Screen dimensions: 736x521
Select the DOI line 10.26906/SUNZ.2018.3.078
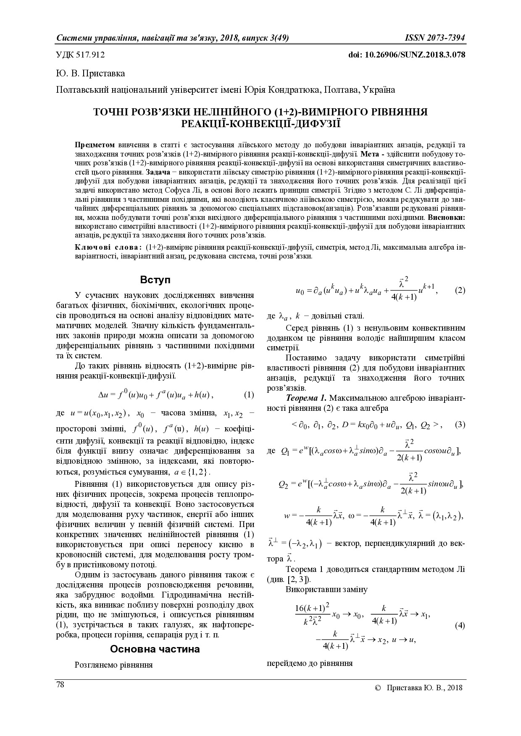pos(407,55)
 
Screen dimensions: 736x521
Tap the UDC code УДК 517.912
pos(80,55)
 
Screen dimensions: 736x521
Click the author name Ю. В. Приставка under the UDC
pos(90,73)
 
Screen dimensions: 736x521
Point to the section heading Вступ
pos(155,280)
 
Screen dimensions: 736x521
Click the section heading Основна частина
pos(155,649)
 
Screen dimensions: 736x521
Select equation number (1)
pos(249,394)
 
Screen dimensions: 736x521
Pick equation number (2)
pos(460,290)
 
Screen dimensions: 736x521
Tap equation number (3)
pos(460,424)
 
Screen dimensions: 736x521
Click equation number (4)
pos(460,625)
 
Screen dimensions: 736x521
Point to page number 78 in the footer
pos(60,685)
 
